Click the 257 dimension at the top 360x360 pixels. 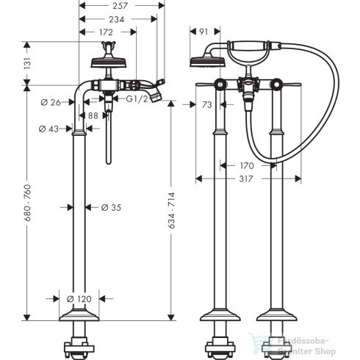tap(121, 5)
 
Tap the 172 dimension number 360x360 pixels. tap(107, 32)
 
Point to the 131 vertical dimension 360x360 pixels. tap(28, 64)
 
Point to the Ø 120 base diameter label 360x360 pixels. tap(80, 299)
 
